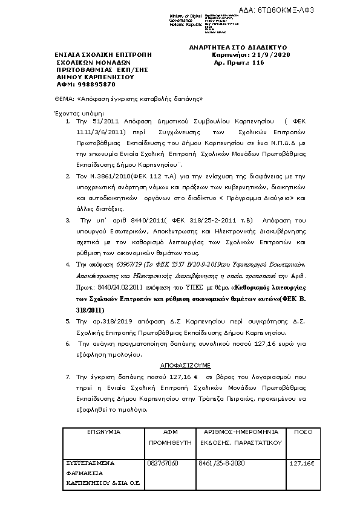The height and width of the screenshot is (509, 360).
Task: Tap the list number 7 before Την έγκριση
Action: (68, 376)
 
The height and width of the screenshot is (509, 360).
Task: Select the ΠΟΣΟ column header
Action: (303, 432)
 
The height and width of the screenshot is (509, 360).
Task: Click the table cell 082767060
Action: (163, 463)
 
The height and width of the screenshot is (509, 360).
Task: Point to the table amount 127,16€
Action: (303, 463)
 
